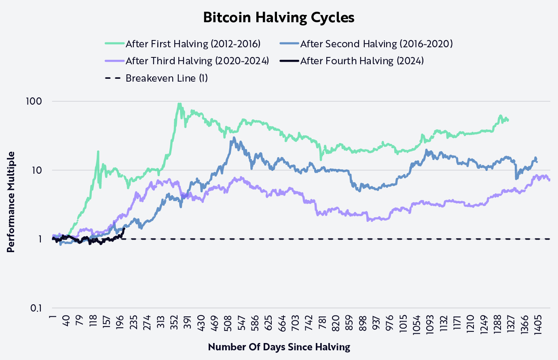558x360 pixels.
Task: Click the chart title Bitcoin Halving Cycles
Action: coord(279,18)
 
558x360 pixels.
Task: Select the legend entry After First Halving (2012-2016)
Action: coord(193,44)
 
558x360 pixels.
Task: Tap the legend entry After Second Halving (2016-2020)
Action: coord(376,44)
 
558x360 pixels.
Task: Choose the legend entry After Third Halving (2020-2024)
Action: coord(197,61)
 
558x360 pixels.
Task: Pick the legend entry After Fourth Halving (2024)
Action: coord(361,61)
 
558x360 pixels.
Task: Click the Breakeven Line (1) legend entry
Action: coord(167,78)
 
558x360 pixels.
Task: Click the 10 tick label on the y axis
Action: coord(37,170)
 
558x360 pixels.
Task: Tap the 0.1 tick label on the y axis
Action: coord(36,308)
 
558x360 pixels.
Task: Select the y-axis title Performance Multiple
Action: coord(11,202)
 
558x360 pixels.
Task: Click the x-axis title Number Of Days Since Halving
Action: coord(279,347)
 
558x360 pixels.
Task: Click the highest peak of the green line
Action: coord(179,104)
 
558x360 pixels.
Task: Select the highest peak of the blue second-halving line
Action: coord(233,138)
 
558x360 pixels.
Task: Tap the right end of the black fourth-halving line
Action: coord(124,229)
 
